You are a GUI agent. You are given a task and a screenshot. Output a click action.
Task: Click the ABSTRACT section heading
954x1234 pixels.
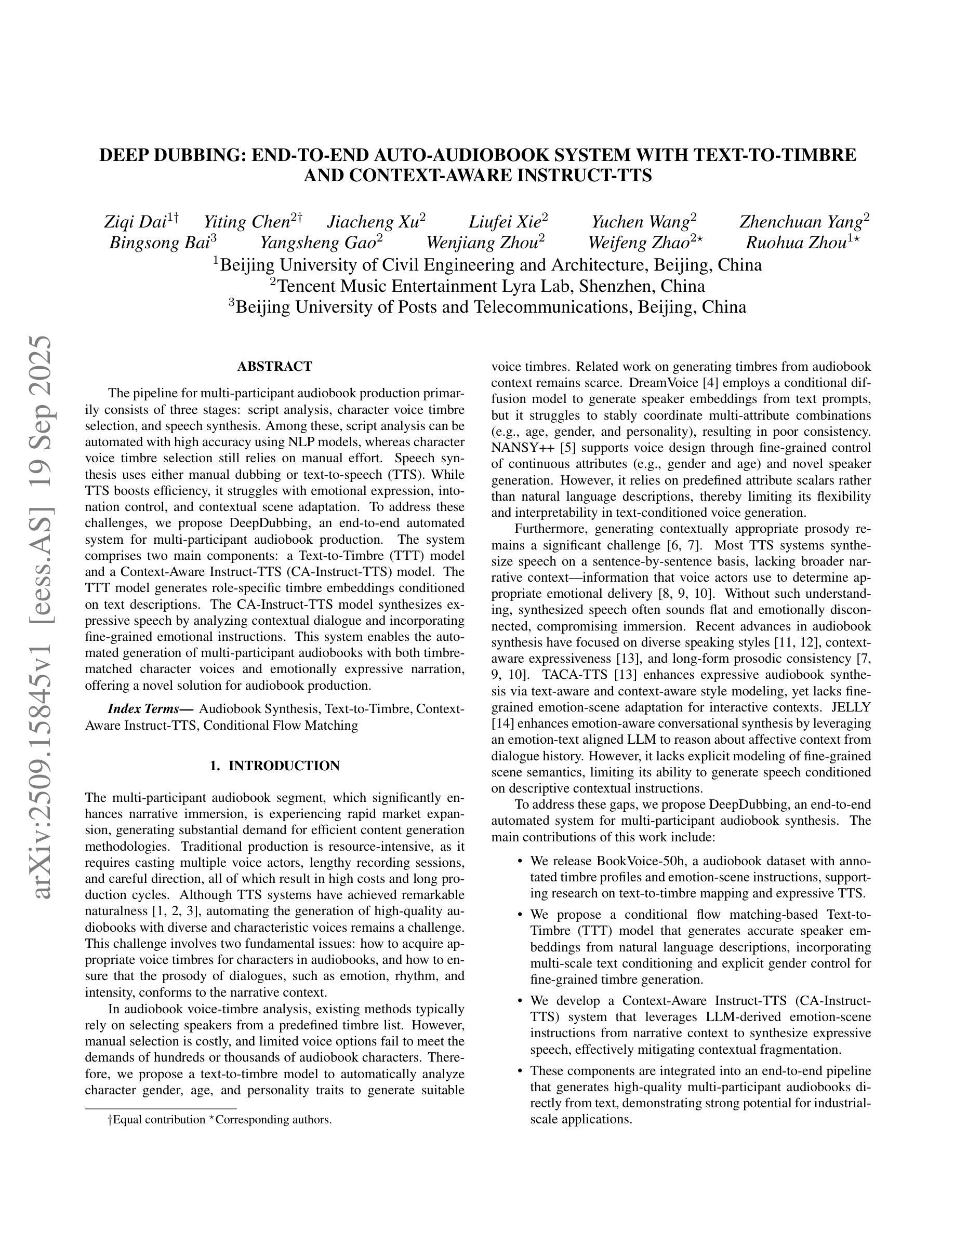click(275, 367)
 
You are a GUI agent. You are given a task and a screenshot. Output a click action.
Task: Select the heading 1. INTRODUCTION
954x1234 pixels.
click(275, 766)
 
